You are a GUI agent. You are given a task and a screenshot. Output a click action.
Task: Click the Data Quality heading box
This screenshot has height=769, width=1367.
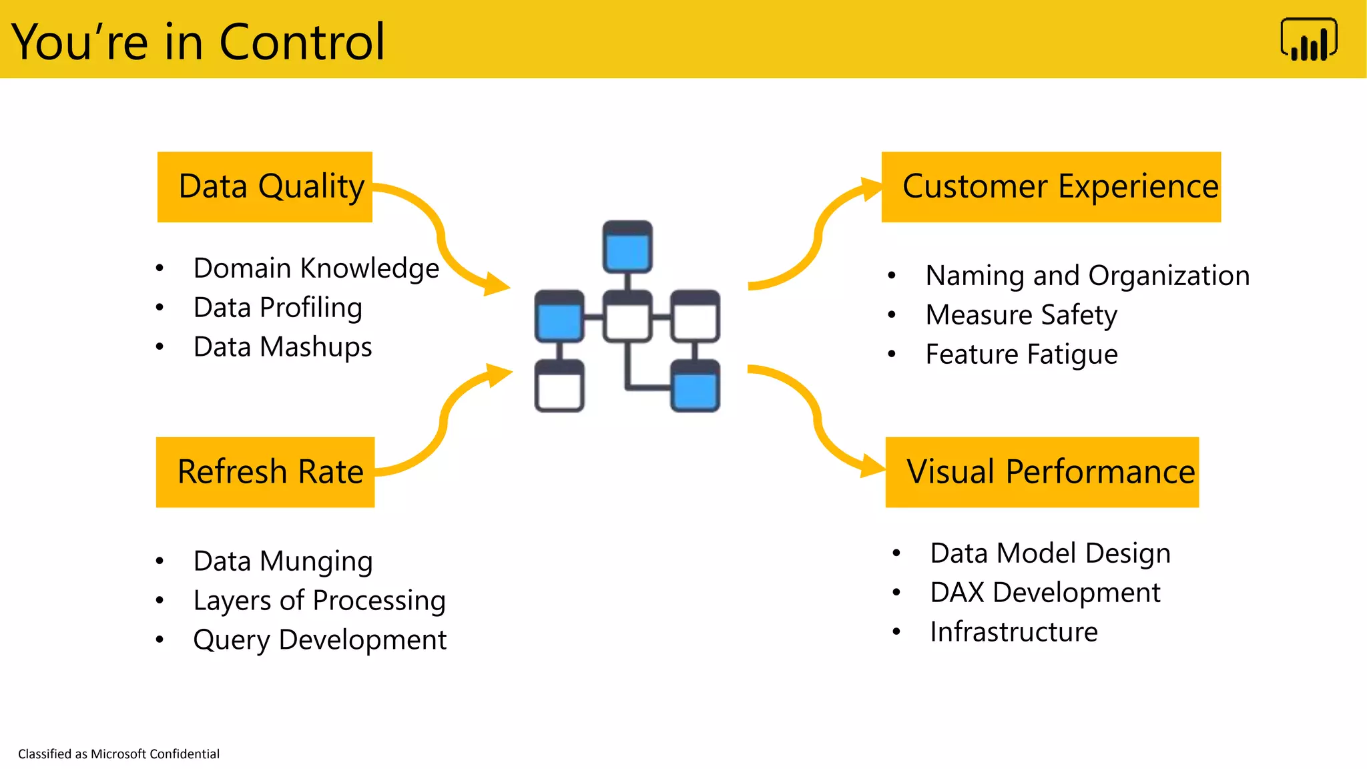click(x=264, y=187)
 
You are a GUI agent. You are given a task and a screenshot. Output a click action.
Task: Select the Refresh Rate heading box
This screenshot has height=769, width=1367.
click(x=265, y=472)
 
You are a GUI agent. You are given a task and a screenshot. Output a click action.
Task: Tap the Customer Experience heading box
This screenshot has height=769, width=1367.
click(x=1051, y=187)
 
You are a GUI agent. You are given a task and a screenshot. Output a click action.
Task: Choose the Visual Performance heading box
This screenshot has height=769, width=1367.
click(x=1041, y=472)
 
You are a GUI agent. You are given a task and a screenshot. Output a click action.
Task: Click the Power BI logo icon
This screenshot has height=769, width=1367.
click(x=1308, y=40)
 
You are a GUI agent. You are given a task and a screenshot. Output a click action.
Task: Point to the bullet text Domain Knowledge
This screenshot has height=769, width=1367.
click(x=316, y=268)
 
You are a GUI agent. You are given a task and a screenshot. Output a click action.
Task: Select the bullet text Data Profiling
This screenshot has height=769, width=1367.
click(x=278, y=308)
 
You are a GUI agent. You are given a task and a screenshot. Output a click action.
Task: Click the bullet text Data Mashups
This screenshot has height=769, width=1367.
click(x=282, y=347)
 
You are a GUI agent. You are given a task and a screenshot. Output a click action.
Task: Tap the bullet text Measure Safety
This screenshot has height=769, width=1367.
click(x=1021, y=315)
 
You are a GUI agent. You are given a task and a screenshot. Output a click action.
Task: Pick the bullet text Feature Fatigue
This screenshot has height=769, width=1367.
click(x=1021, y=354)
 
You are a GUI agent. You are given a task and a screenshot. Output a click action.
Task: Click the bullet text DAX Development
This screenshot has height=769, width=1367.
click(x=1045, y=593)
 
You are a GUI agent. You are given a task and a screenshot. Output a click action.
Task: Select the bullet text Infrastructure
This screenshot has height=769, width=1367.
click(x=1013, y=632)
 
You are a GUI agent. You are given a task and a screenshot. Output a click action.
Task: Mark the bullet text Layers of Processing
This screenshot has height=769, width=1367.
click(x=319, y=601)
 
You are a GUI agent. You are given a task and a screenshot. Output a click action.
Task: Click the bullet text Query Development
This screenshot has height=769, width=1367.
click(x=319, y=640)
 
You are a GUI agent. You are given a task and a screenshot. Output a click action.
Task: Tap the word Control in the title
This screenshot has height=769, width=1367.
click(x=302, y=42)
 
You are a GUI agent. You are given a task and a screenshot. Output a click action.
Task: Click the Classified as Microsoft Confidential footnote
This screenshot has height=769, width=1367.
click(x=119, y=754)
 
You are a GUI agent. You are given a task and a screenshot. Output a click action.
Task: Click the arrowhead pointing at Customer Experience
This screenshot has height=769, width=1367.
click(x=870, y=189)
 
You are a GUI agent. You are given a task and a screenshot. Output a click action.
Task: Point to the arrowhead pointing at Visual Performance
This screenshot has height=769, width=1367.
click(x=872, y=465)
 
